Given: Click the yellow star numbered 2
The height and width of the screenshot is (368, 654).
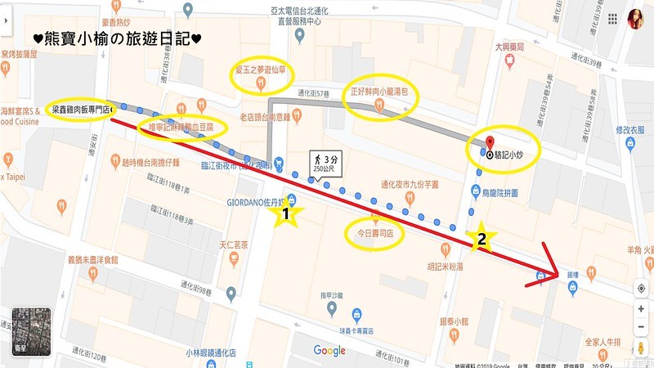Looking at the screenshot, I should coord(482,238).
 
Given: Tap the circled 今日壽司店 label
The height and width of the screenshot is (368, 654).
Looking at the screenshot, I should coord(374,232).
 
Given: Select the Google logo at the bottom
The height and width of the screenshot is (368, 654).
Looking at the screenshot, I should coord(329,351).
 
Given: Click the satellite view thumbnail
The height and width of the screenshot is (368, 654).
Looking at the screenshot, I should coord(29,330).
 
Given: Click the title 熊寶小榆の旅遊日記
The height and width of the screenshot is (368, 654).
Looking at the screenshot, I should coord(118,38).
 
